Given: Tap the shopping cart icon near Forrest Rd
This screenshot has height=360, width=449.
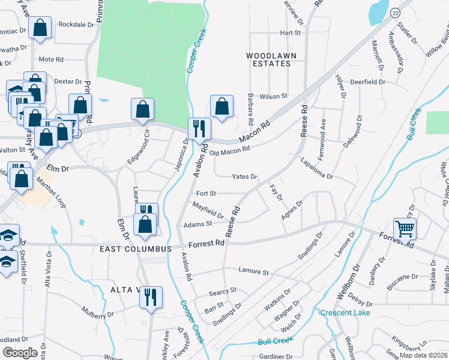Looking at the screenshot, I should (x=405, y=229).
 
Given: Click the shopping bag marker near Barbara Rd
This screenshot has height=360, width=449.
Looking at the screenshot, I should (x=221, y=106).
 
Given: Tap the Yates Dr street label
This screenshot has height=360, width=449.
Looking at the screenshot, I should (x=244, y=177).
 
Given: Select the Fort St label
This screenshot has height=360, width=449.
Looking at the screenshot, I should (x=205, y=194).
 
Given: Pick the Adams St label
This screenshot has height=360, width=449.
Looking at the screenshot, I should (x=198, y=224).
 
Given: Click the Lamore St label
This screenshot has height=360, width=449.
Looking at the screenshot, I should (x=253, y=272).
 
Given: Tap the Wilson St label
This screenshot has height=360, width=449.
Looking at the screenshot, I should (x=274, y=96).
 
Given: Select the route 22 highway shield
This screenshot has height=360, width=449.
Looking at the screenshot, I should (x=395, y=13).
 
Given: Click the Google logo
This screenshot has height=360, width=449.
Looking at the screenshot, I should (x=19, y=352).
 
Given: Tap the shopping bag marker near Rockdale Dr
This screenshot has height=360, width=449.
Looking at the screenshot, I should (x=40, y=28).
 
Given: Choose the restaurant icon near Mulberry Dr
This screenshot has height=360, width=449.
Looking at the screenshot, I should (x=151, y=296).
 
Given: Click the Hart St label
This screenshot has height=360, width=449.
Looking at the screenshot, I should (x=289, y=32).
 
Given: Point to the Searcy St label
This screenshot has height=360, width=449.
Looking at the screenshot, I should (x=223, y=291).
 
